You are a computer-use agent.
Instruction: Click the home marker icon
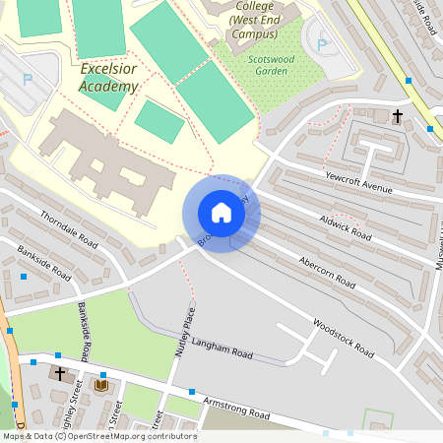pos(221,213)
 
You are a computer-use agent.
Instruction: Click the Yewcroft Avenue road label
pos(358,181)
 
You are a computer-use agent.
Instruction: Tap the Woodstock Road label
pos(344,337)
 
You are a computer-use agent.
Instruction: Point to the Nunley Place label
pos(181,333)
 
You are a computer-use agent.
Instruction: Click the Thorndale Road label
pos(69,229)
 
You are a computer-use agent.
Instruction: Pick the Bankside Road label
pos(44,262)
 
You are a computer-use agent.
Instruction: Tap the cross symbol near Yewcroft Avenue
pos(398,117)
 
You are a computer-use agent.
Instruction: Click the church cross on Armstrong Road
pos(60,374)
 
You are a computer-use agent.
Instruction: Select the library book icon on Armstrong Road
pos(100,385)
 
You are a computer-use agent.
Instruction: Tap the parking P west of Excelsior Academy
pos(28,79)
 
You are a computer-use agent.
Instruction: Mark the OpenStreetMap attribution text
pos(98,436)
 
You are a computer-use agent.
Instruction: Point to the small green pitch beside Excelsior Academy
pos(158,121)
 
